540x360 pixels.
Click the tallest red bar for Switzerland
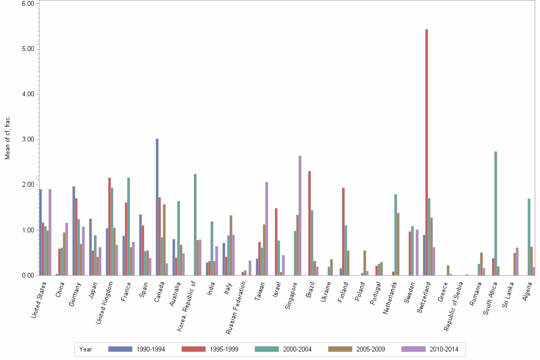coord(427,152)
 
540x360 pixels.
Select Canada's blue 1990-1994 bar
coord(157,207)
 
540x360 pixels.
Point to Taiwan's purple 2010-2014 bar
coord(267,229)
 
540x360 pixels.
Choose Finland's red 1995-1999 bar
coord(343,231)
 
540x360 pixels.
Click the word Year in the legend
coord(86,349)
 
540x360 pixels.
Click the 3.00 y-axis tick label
coord(28,140)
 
